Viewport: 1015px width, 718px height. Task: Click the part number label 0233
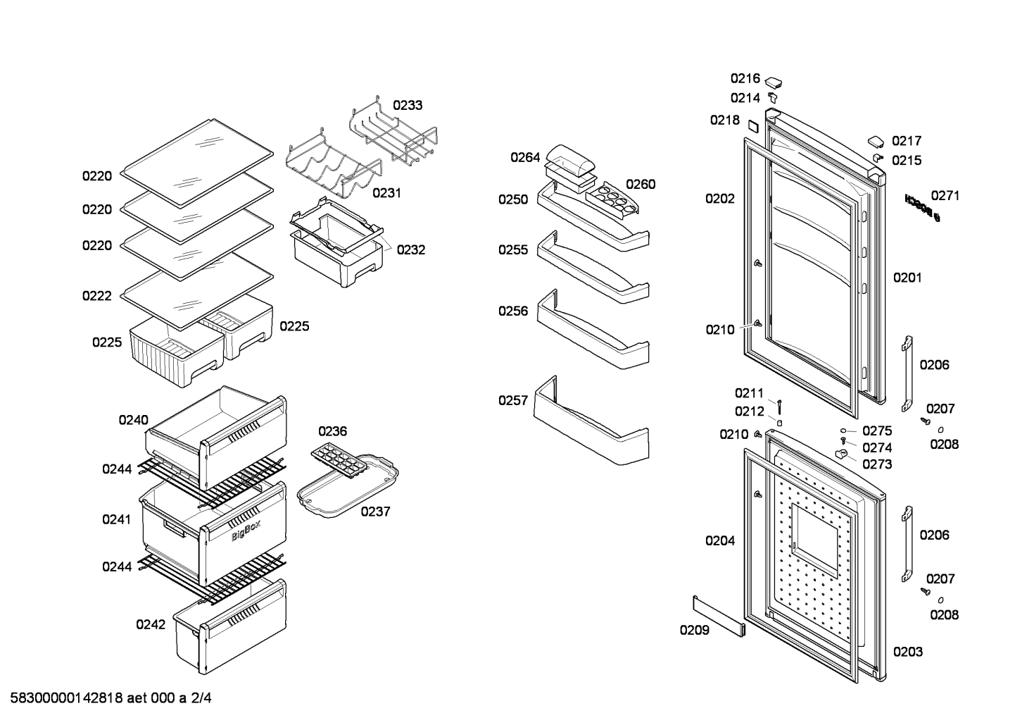408,105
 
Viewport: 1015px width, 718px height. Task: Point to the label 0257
513,400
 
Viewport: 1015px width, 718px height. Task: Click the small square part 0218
752,126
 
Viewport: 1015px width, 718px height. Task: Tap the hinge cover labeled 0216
774,82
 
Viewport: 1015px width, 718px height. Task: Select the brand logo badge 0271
922,208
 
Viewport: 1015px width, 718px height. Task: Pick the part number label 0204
720,540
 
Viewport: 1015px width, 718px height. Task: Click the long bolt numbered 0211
779,407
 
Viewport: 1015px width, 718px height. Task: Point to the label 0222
96,296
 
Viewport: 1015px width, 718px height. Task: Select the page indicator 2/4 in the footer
201,698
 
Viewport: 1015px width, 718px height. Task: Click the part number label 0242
151,624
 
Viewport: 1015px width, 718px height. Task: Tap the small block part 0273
841,454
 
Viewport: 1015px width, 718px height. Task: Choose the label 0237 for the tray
375,512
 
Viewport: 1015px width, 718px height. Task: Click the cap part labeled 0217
876,142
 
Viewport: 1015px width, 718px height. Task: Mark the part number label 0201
907,278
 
